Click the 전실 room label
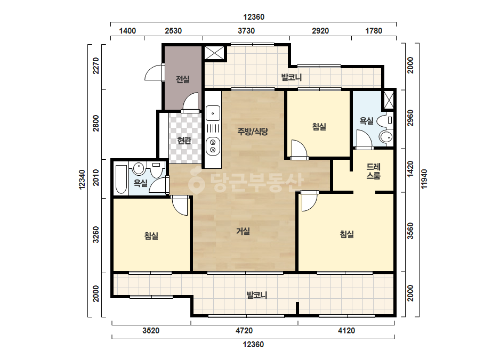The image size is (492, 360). click(x=183, y=79)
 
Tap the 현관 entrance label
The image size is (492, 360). click(x=184, y=140)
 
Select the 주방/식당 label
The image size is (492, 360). click(x=253, y=132)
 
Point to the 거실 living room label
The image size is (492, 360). click(x=243, y=231)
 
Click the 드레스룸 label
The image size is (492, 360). click(x=373, y=171)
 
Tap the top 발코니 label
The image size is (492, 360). click(x=292, y=77)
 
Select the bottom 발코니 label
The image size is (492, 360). click(x=257, y=295)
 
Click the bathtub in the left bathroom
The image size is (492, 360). click(x=121, y=179)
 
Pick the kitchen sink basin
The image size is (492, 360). click(x=213, y=113)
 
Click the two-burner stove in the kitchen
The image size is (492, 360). click(x=213, y=146)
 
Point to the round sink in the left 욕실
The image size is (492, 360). click(x=138, y=168)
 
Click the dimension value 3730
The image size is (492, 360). click(x=246, y=31)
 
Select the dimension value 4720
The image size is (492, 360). click(x=244, y=331)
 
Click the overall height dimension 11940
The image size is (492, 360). click(x=424, y=179)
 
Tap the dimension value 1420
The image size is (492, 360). click(x=410, y=169)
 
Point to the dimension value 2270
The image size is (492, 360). click(x=96, y=66)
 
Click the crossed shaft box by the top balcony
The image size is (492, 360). click(x=215, y=53)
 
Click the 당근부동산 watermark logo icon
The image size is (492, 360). click(x=196, y=182)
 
